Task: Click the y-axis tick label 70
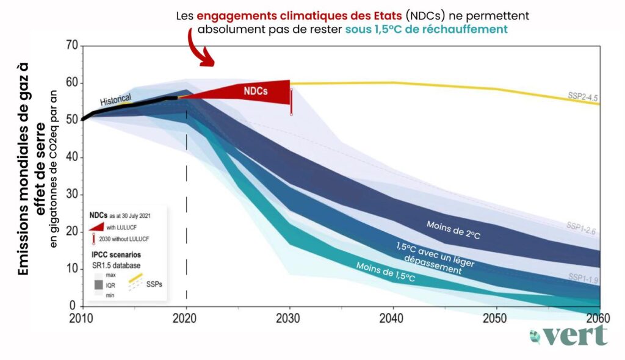pos(72,45)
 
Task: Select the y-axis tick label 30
pos(72,194)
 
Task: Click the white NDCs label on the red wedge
pos(255,89)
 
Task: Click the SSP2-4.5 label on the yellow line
pos(582,98)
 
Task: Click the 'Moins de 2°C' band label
pos(453,230)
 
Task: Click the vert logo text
pos(575,335)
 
